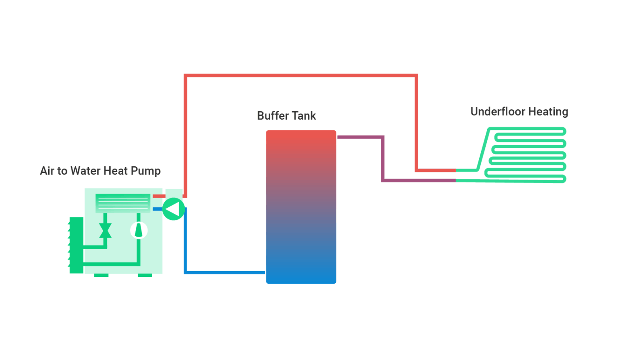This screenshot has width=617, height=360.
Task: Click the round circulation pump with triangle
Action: [174, 209]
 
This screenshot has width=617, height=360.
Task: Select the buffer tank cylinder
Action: [301, 207]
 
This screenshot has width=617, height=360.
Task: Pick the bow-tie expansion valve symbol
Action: [105, 231]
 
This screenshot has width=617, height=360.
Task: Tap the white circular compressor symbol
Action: [139, 231]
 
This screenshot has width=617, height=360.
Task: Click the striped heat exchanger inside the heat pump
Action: [123, 202]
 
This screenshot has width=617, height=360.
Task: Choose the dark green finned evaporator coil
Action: [76, 245]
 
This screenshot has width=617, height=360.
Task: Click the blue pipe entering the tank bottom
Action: [225, 272]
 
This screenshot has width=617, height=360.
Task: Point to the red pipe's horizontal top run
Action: [301, 76]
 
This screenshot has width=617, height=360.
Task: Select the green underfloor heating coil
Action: [526, 155]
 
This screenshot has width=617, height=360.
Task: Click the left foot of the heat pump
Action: [101, 276]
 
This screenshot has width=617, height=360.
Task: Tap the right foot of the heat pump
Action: [145, 276]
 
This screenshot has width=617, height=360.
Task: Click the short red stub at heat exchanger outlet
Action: [159, 196]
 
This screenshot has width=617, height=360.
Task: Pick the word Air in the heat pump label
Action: [47, 171]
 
